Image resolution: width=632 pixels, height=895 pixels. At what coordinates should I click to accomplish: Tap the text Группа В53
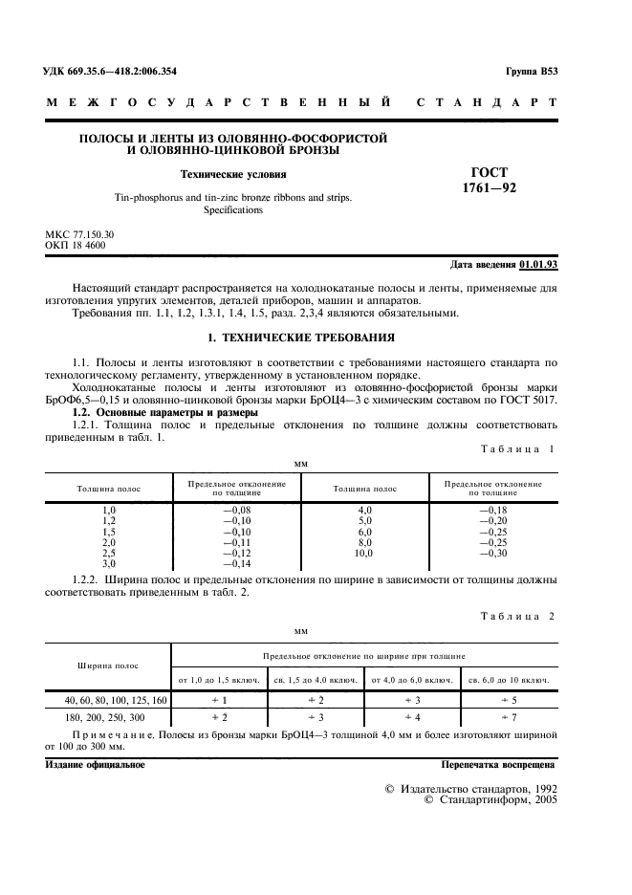click(x=530, y=72)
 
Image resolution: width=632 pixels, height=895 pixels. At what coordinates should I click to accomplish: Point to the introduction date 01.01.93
click(x=540, y=263)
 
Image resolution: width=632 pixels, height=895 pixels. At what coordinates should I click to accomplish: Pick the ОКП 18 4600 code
click(x=76, y=245)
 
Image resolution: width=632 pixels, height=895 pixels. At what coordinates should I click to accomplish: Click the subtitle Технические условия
click(x=234, y=174)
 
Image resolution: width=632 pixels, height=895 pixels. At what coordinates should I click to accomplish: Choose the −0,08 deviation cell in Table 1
click(x=236, y=511)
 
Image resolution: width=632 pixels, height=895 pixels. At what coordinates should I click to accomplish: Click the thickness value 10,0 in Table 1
click(x=364, y=554)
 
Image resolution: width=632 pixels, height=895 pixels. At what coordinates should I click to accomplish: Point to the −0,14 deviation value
click(x=236, y=564)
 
